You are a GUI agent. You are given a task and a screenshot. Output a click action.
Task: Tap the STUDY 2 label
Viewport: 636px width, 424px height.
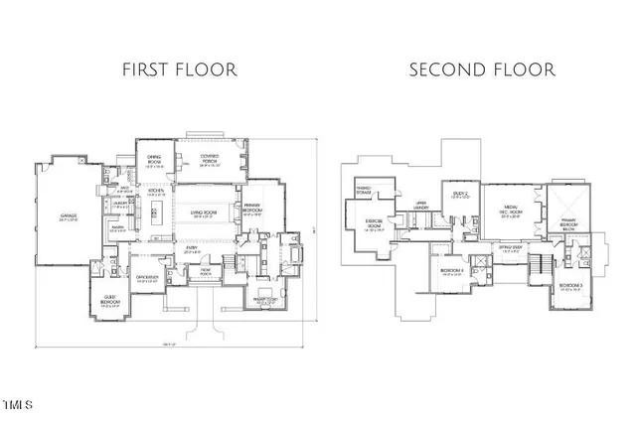(x=458, y=196)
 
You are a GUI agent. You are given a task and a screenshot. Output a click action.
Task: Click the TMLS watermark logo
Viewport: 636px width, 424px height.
(x=19, y=404)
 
